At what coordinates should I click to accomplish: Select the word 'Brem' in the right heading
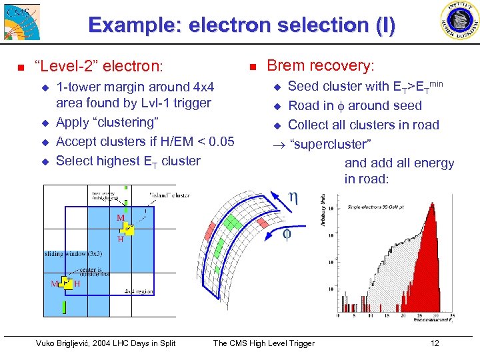coord(284,65)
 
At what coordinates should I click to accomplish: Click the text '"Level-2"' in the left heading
coord(64,67)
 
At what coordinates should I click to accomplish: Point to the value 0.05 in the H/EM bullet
coord(221,141)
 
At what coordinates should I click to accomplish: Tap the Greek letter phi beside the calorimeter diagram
coord(287,233)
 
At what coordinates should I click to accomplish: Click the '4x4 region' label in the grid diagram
coord(139,291)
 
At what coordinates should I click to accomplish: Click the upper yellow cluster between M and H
coord(128,229)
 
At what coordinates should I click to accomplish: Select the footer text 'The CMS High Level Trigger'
coord(263,343)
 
